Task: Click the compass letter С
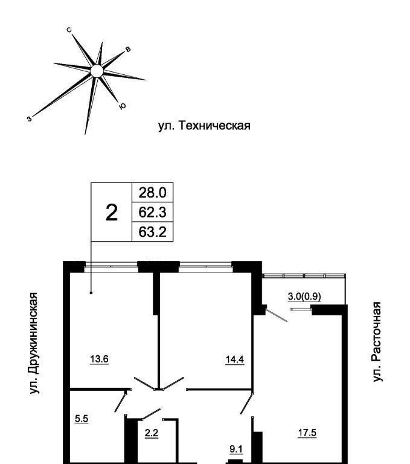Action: coord(70,30)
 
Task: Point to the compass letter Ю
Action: coord(123,106)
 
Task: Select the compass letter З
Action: coord(29,119)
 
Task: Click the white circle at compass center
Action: coord(96,71)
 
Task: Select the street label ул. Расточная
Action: coord(377,341)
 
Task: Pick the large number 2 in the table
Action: coord(111,212)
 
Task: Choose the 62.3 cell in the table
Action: coord(152,212)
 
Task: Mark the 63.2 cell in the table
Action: coord(152,231)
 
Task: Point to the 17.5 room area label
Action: coord(307,432)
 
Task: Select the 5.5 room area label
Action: coord(82,417)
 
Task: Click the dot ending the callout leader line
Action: coord(91,293)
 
